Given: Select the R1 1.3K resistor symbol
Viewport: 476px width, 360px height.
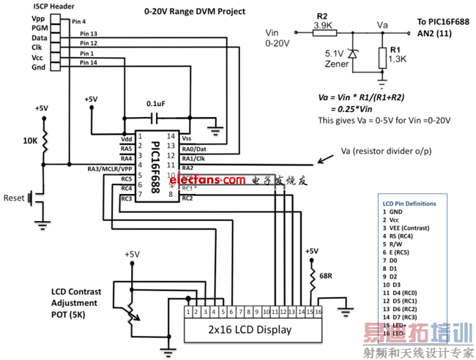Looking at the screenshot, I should (x=382, y=56).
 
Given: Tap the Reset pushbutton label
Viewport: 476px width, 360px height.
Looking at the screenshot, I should (x=14, y=198).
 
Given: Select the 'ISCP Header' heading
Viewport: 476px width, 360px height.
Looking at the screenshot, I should (x=35, y=6).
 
